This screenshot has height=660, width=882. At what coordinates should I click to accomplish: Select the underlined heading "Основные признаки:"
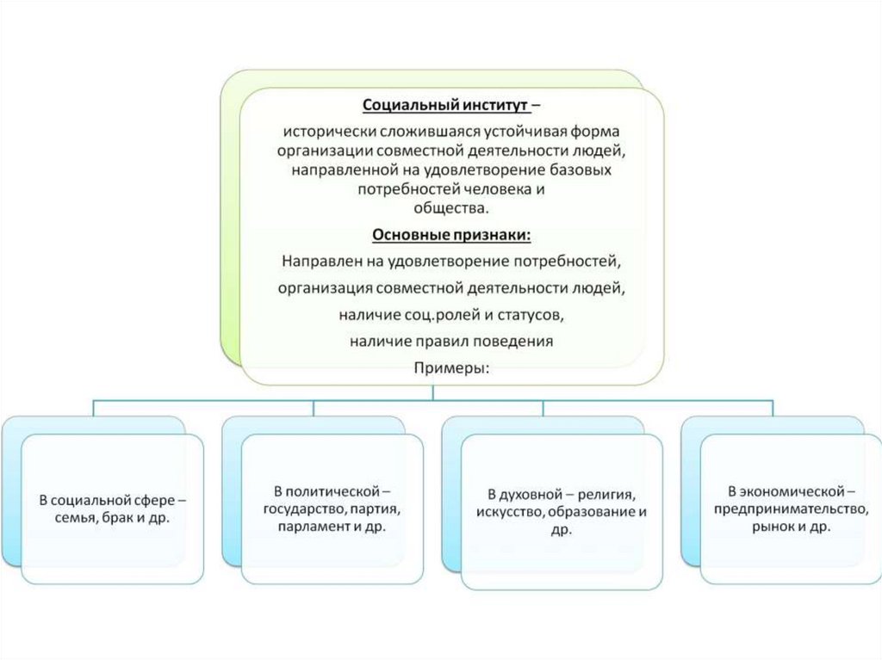(451, 235)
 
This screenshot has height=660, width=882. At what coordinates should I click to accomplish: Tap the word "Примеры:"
(451, 367)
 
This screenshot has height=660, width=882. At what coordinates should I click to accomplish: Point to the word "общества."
(451, 208)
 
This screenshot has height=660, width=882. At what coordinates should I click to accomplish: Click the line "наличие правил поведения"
(451, 341)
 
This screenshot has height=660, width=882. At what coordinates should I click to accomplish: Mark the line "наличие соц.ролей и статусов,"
(451, 315)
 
